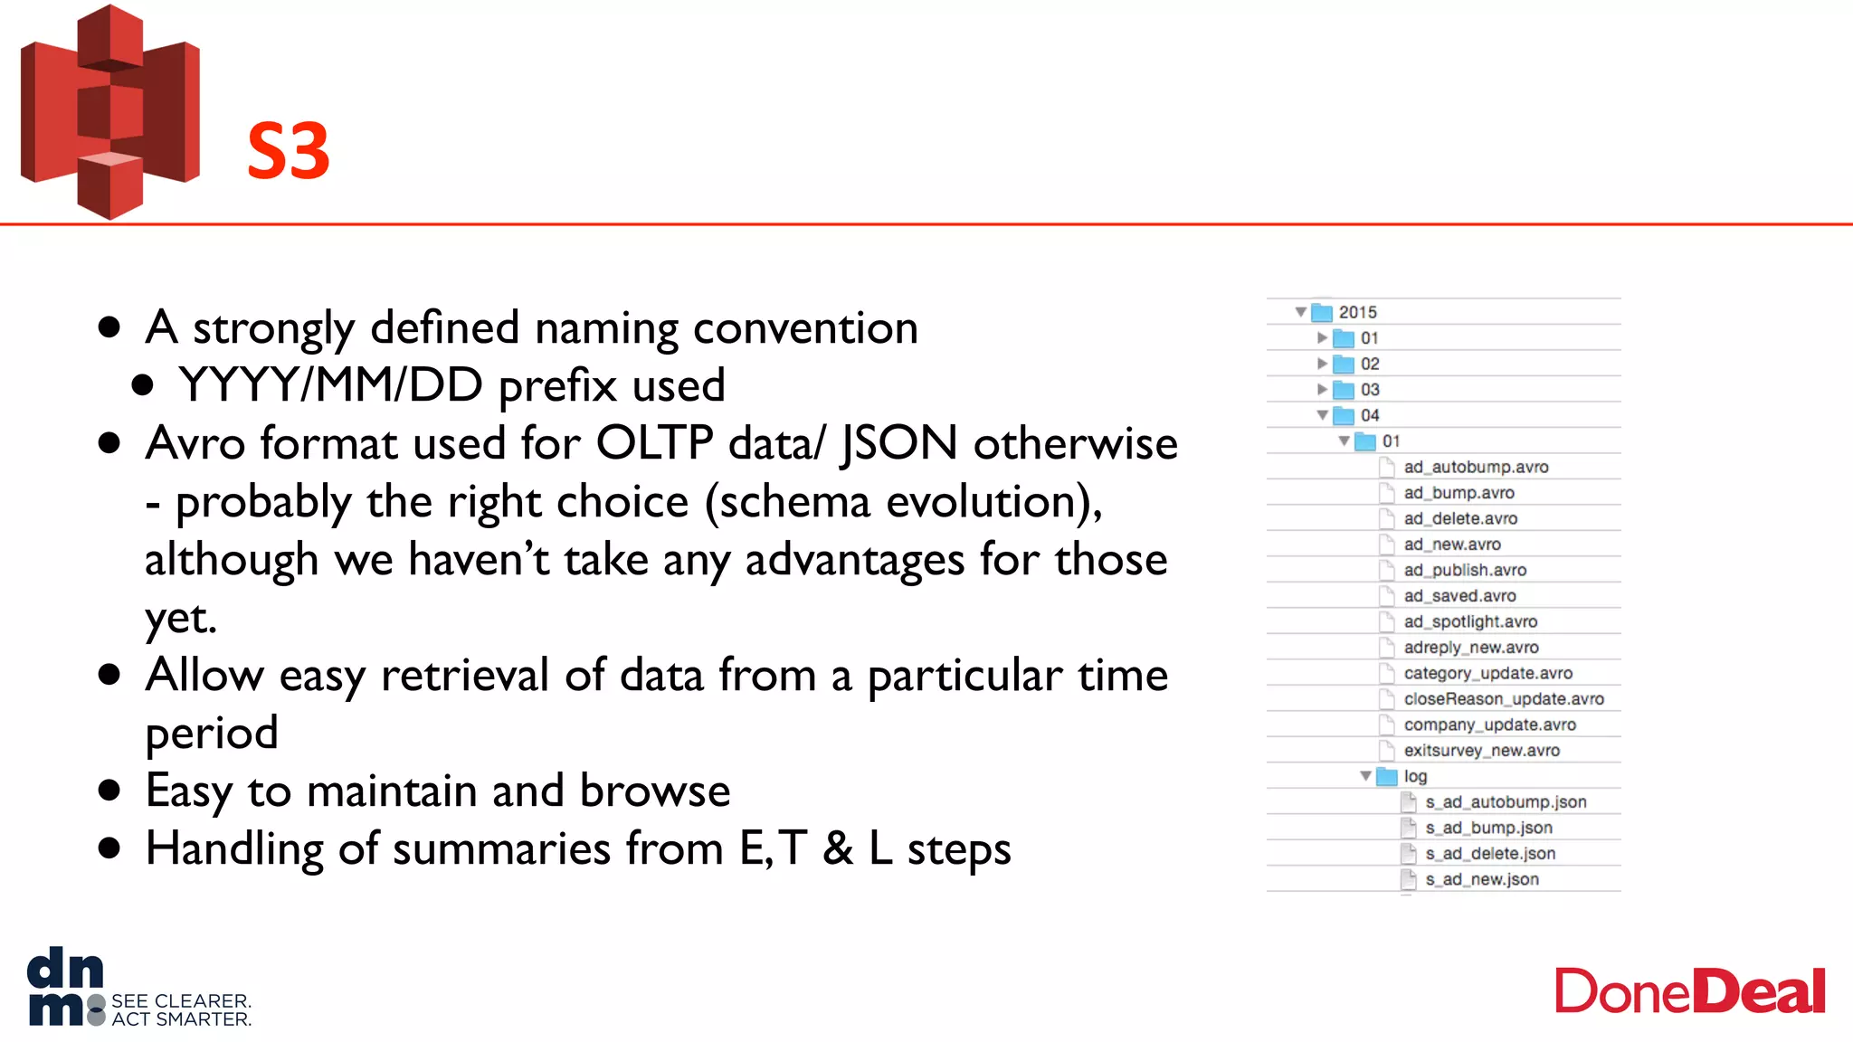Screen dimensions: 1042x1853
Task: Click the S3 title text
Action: (x=288, y=151)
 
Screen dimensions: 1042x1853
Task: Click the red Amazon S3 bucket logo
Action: (x=109, y=113)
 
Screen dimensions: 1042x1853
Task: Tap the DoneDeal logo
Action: (x=1689, y=992)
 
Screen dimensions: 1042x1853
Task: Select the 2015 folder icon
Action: (x=1322, y=312)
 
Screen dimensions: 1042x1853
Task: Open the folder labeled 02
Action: (x=1369, y=364)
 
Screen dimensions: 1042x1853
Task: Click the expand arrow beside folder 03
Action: (x=1322, y=390)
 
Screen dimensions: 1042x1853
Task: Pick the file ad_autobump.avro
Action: (x=1475, y=468)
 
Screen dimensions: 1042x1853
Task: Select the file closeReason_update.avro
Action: (x=1503, y=699)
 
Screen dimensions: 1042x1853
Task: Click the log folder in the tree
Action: (x=1414, y=776)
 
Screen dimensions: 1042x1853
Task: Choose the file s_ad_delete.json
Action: (x=1489, y=854)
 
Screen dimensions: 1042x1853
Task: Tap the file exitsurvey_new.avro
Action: (x=1481, y=751)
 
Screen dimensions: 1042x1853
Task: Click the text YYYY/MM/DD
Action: (x=330, y=385)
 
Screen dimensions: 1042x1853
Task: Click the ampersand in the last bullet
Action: (x=838, y=849)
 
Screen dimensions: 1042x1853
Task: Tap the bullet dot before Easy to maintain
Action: (x=109, y=791)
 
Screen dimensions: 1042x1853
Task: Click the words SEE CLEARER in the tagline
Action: (x=180, y=1001)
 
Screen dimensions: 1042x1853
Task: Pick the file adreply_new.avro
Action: (x=1470, y=648)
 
